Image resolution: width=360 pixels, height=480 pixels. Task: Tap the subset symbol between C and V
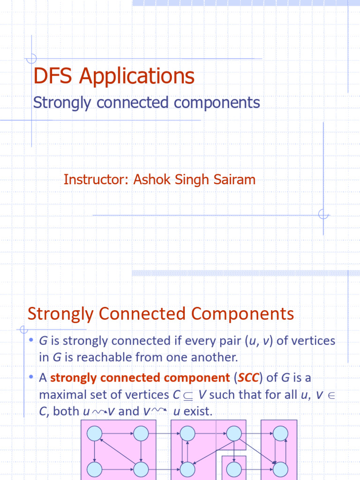coord(188,395)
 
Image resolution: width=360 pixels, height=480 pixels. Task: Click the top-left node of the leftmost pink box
coord(95,434)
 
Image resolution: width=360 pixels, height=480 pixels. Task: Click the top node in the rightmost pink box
coord(280,434)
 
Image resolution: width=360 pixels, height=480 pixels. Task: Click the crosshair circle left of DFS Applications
coord(31,59)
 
